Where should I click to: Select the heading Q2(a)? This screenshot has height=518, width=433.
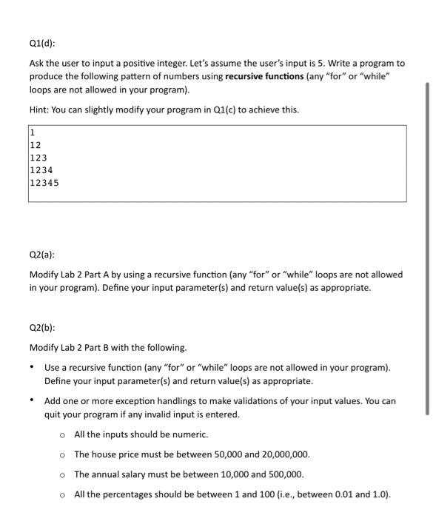[x=42, y=252]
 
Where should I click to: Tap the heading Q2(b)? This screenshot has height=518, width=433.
[x=42, y=327]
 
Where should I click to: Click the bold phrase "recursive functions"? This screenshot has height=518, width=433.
[x=264, y=76]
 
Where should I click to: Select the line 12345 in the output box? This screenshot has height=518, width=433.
[x=44, y=182]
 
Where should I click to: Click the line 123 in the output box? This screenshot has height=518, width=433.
[x=38, y=158]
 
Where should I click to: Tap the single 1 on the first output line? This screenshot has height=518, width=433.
[x=33, y=134]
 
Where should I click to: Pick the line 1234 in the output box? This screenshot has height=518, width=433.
[x=41, y=169]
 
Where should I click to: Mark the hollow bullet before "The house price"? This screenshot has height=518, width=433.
[x=63, y=454]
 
